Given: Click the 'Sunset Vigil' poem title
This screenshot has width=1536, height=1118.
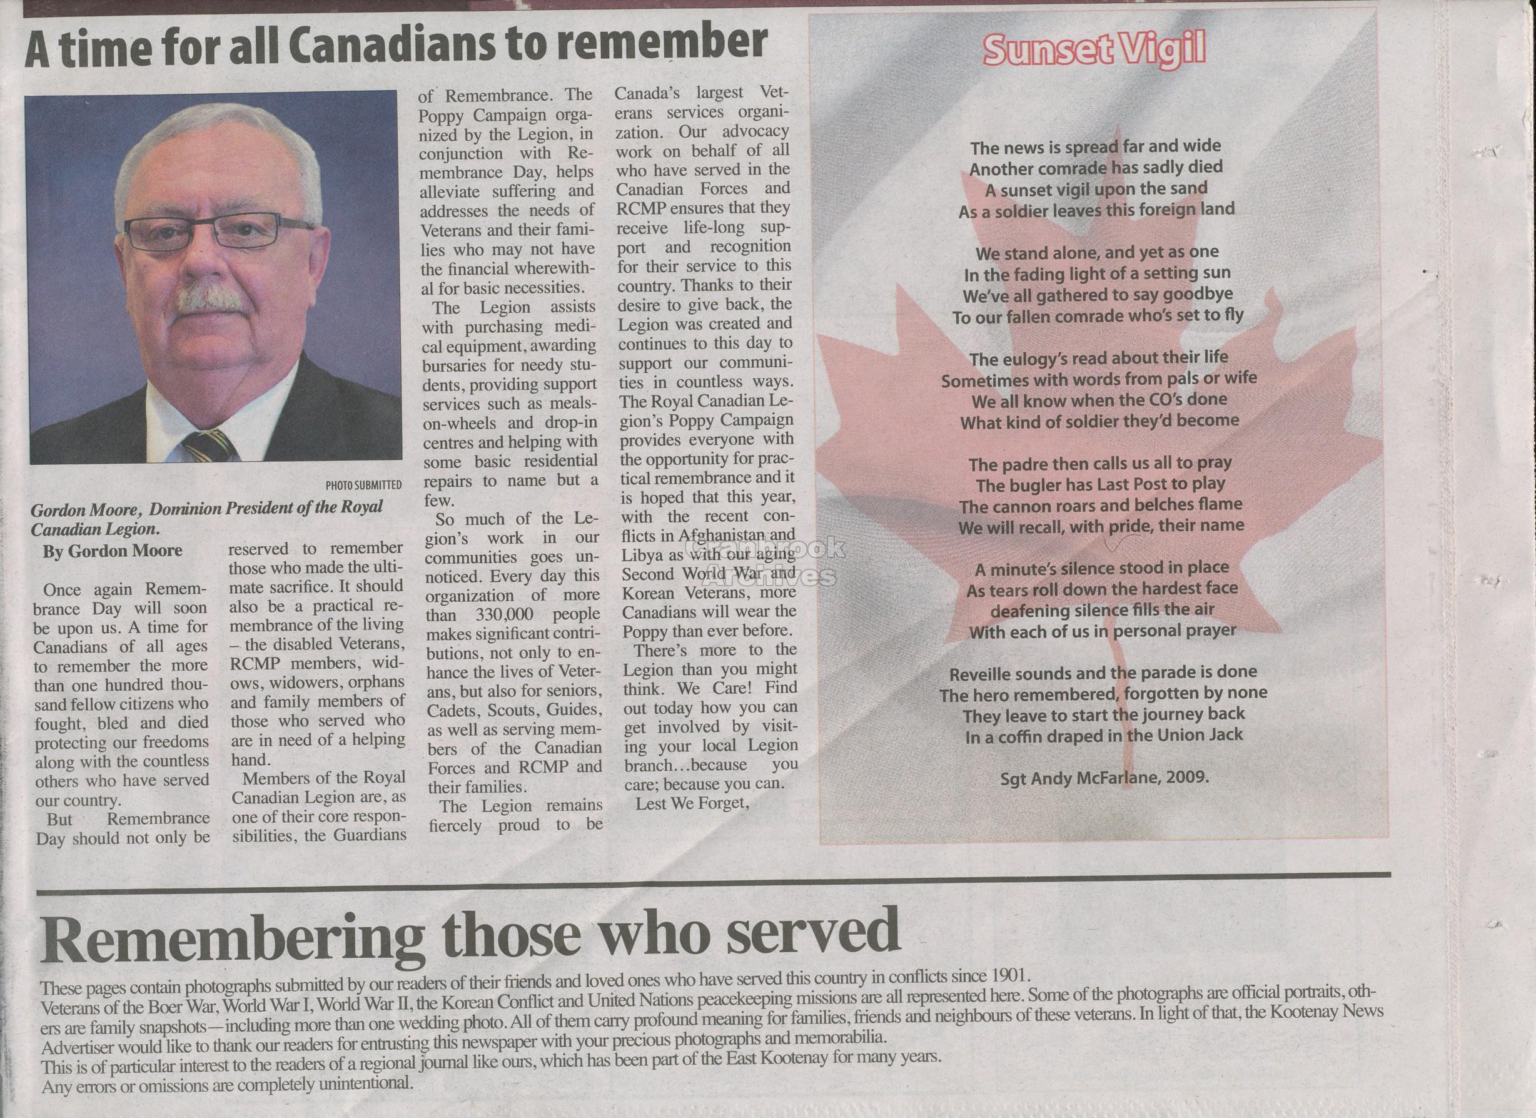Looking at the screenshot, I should [x=1094, y=50].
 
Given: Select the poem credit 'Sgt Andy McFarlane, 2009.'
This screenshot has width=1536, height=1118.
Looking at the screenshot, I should [x=1104, y=777].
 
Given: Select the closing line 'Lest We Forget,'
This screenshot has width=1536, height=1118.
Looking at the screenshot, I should [x=692, y=805].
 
